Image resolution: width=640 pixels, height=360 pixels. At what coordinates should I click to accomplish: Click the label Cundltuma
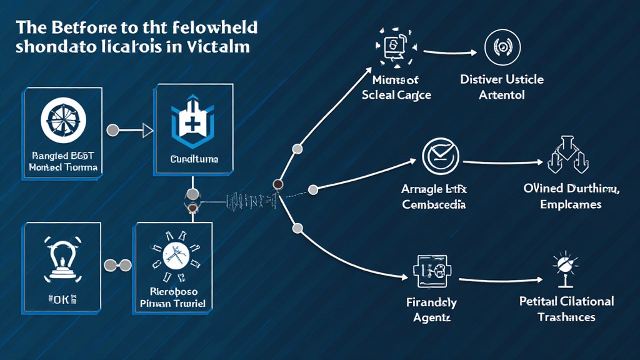tap(194, 159)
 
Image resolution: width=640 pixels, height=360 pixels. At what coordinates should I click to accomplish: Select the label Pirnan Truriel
tap(173, 304)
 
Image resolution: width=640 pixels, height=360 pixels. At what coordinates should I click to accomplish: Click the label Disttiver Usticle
tap(502, 80)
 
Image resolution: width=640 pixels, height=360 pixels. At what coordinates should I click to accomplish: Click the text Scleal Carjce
tap(396, 95)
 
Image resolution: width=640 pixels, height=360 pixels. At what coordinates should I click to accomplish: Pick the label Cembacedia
tap(434, 204)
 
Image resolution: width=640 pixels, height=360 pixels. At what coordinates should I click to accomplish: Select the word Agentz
tap(431, 317)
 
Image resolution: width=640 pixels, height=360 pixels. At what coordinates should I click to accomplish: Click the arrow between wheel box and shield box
tap(133, 130)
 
